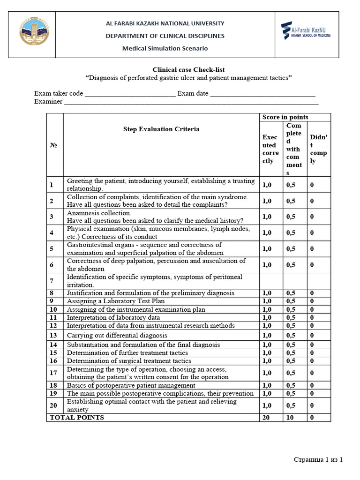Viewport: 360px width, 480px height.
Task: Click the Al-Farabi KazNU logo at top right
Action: coord(306,31)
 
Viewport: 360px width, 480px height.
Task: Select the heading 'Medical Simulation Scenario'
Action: coord(165,48)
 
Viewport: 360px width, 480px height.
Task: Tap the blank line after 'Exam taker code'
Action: coord(130,93)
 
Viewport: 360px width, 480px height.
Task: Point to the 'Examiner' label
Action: coord(48,102)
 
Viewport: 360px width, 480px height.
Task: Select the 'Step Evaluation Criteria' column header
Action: coord(161,129)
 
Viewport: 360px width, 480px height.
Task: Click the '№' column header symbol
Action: coord(54,145)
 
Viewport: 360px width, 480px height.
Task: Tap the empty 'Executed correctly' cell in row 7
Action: coord(271,281)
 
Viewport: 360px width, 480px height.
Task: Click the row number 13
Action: coord(53,335)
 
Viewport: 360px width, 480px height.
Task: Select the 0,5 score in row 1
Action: coord(291,185)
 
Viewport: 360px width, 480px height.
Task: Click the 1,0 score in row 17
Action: coord(267,373)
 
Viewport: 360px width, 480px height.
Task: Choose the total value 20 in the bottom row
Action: coord(266,417)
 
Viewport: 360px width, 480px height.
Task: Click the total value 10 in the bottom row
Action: coord(290,417)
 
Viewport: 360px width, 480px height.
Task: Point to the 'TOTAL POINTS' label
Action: coord(77,417)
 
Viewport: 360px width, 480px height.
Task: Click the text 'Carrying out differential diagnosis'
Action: coord(117,335)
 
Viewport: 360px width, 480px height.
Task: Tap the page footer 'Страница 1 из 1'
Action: coord(318,459)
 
